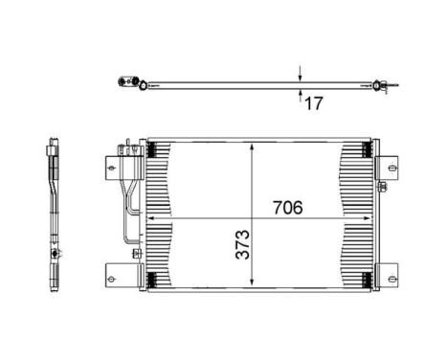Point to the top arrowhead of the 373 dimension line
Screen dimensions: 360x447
click(252, 146)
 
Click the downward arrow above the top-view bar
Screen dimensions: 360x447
click(301, 75)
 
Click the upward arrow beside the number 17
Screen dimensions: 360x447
click(301, 95)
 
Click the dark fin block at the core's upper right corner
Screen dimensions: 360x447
click(364, 147)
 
